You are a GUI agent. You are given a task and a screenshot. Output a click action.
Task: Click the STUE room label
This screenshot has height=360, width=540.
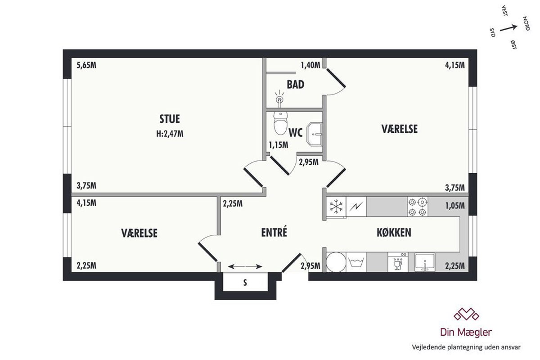click(x=170, y=119)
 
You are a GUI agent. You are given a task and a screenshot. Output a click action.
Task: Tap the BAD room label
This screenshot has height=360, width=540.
click(x=295, y=85)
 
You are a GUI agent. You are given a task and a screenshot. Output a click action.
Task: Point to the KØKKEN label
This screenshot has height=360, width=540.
click(x=394, y=233)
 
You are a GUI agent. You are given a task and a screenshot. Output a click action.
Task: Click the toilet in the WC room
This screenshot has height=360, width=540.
click(x=280, y=123)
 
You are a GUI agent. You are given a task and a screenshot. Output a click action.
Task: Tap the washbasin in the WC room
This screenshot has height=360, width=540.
click(x=314, y=134)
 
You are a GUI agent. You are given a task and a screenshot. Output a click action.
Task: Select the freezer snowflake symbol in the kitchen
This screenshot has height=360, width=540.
click(x=336, y=207)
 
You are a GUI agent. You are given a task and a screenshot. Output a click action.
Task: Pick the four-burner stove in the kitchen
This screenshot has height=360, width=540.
click(x=418, y=207)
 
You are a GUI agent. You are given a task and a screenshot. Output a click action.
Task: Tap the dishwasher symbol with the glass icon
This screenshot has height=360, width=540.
click(x=398, y=262)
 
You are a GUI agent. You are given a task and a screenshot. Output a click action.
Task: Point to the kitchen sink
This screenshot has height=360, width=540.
click(x=425, y=262)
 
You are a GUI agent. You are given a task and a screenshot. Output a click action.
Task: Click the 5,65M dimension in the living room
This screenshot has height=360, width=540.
click(x=86, y=65)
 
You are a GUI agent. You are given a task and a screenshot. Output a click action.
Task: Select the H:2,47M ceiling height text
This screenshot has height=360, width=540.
click(x=170, y=134)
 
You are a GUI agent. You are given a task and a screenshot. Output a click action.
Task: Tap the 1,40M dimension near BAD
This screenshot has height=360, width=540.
click(x=310, y=65)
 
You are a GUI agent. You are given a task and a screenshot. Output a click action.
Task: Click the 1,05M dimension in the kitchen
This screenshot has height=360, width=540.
click(x=454, y=206)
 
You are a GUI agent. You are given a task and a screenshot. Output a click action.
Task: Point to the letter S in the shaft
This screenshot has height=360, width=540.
click(x=245, y=283)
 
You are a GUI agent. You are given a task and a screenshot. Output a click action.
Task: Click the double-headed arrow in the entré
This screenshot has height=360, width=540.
click(x=245, y=266)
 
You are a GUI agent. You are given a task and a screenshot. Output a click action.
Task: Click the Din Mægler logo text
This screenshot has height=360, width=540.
click(x=466, y=332)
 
